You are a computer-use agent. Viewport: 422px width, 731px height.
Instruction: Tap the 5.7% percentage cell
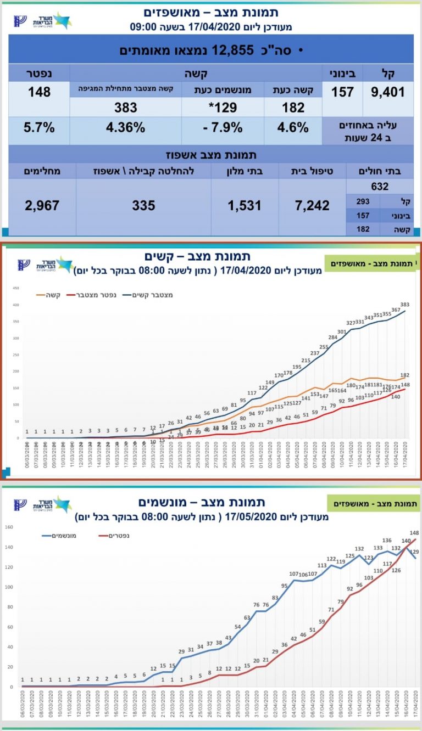[39, 127]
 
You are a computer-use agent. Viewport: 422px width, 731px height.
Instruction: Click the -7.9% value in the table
[223, 127]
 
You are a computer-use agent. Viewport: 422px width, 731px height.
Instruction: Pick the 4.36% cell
[125, 127]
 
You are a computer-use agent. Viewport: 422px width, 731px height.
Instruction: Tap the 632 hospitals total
[380, 187]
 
